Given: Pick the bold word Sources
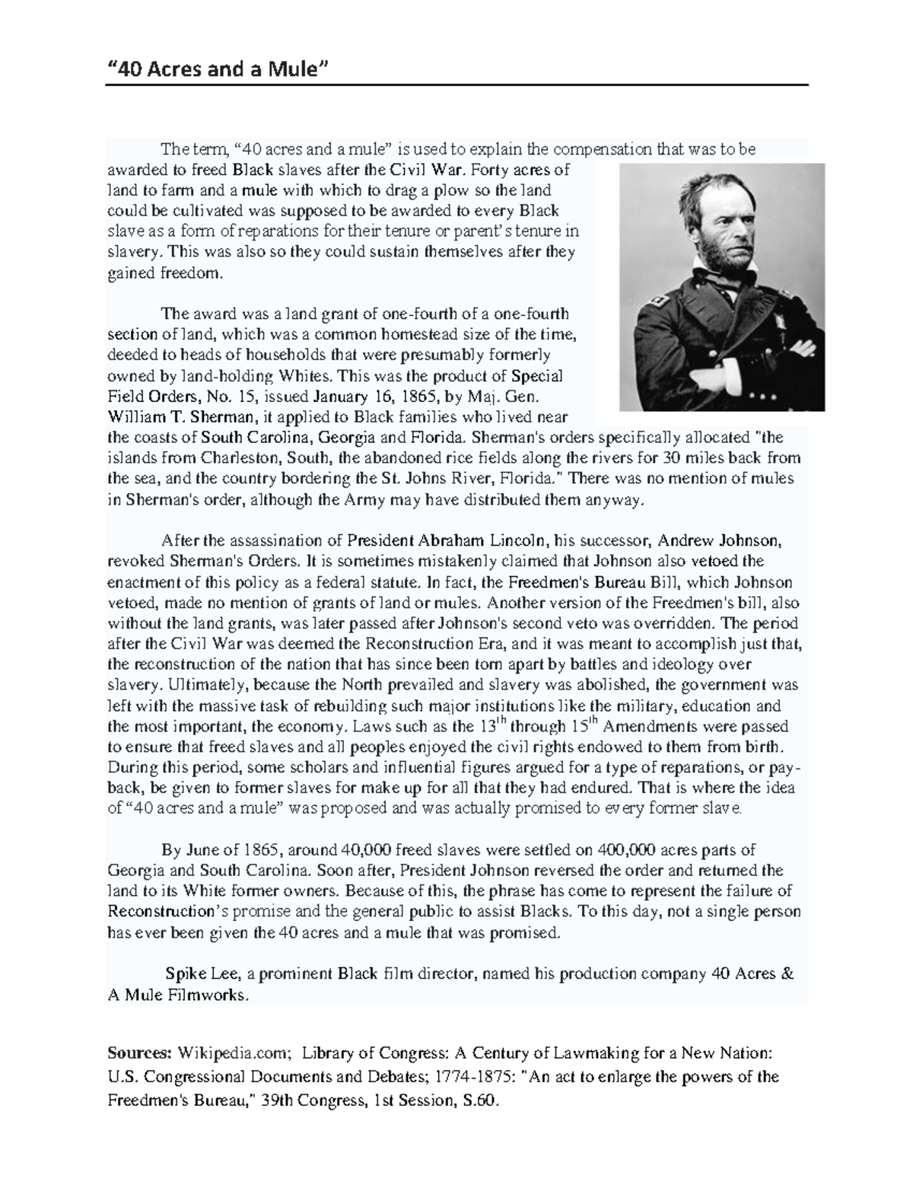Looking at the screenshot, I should (140, 1054).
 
